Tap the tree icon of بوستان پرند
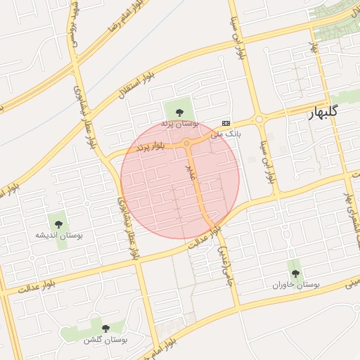click(179, 111)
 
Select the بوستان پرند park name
click(181, 124)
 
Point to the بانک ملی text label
click(226, 132)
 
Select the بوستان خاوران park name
click(296, 285)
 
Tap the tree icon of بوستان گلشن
click(105, 328)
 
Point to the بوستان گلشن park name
click(105, 340)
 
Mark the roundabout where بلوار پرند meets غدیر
click(187, 143)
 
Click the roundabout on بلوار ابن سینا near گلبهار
click(259, 120)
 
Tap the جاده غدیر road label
click(225, 264)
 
